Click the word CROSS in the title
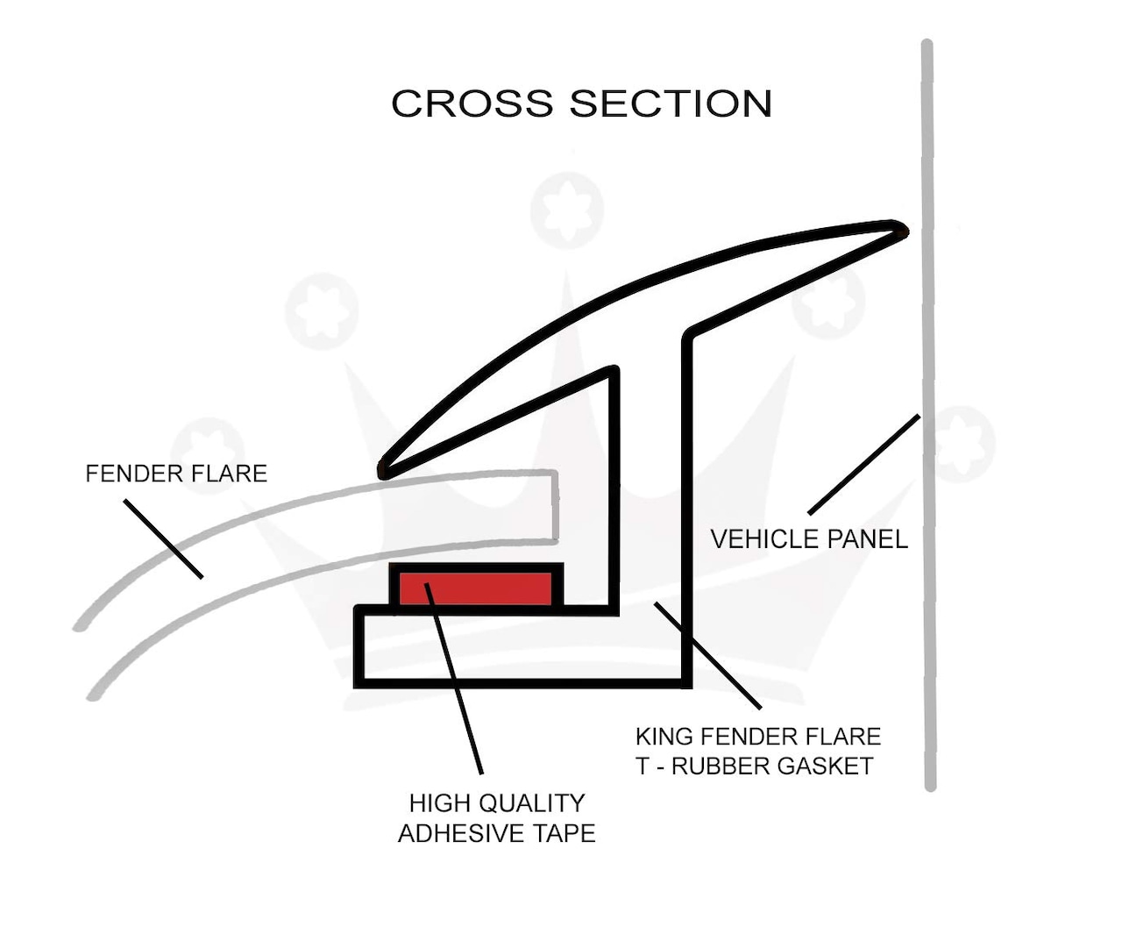pos(472,103)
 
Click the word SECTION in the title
pos(671,103)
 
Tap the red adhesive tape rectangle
pos(476,588)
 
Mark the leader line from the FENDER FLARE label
pos(163,538)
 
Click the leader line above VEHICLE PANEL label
pos(864,465)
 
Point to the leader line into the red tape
pos(454,679)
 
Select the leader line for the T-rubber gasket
pos(707,656)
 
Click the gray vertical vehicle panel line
pos(928,415)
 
